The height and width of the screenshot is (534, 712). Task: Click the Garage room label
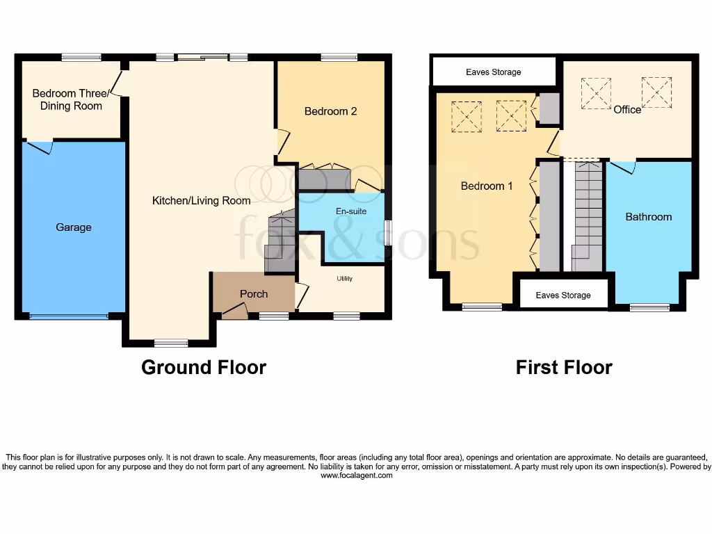(x=73, y=227)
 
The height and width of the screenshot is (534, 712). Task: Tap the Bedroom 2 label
(x=330, y=111)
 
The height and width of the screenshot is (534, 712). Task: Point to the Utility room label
(x=345, y=279)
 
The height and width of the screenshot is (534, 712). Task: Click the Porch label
(x=254, y=294)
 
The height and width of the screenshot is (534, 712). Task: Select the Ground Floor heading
(x=203, y=367)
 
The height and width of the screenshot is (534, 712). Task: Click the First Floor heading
(x=564, y=367)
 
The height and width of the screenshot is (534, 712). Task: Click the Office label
(x=626, y=109)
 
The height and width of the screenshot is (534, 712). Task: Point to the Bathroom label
(x=648, y=217)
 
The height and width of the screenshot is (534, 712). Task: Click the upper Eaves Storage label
(x=493, y=72)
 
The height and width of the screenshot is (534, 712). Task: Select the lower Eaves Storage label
(x=563, y=296)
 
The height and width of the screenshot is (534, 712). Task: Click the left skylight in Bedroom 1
(x=466, y=116)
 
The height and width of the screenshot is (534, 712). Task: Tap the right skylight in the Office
(x=656, y=92)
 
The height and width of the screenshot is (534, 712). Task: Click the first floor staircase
(x=588, y=216)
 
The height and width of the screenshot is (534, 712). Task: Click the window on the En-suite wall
(x=387, y=232)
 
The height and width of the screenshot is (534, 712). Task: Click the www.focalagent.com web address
(x=356, y=476)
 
